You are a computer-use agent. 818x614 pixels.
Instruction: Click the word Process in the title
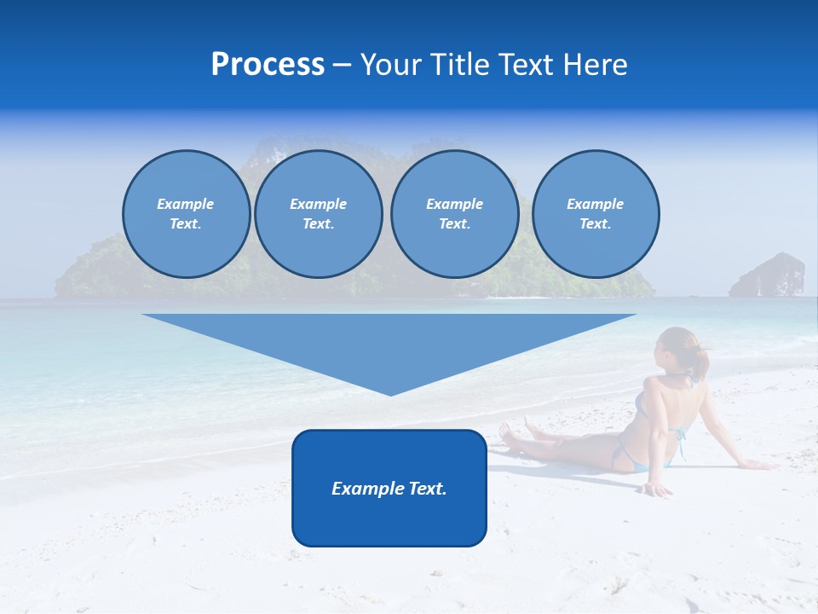268,65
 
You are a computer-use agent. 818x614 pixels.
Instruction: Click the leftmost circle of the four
187,214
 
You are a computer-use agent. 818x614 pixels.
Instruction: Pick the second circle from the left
319,214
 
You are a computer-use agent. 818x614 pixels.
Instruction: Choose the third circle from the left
454,214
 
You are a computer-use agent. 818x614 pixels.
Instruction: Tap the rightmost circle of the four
596,214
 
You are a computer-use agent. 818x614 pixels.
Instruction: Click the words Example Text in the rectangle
389,489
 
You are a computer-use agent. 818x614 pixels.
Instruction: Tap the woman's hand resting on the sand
657,489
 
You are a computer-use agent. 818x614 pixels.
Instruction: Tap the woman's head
676,349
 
